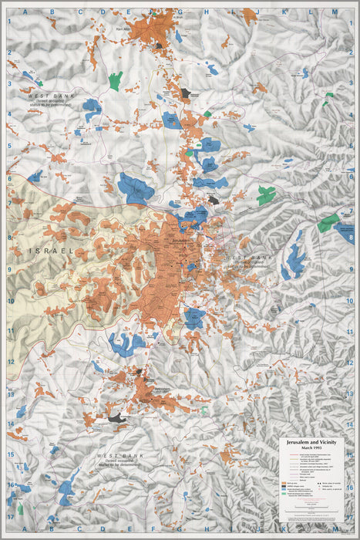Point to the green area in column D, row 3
coord(116,79)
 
